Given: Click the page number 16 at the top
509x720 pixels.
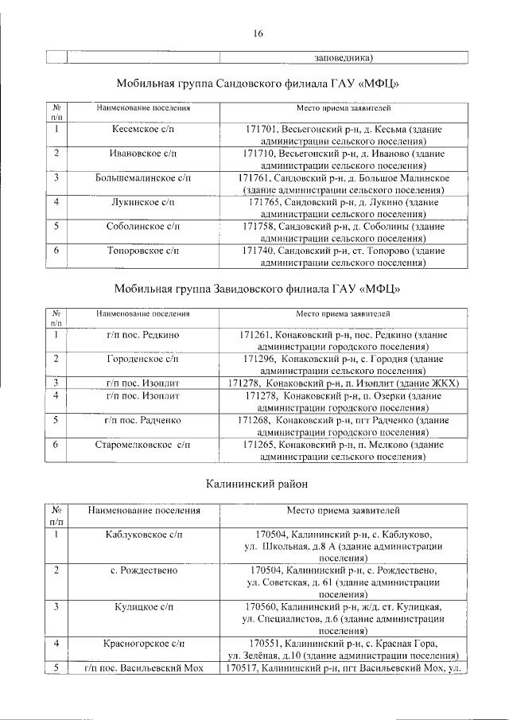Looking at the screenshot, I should point(258,33).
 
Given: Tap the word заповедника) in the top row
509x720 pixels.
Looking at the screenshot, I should point(343,56).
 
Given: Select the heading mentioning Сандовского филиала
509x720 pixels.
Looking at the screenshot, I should point(258,83).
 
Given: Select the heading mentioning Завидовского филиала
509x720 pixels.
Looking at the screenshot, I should point(258,289).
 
